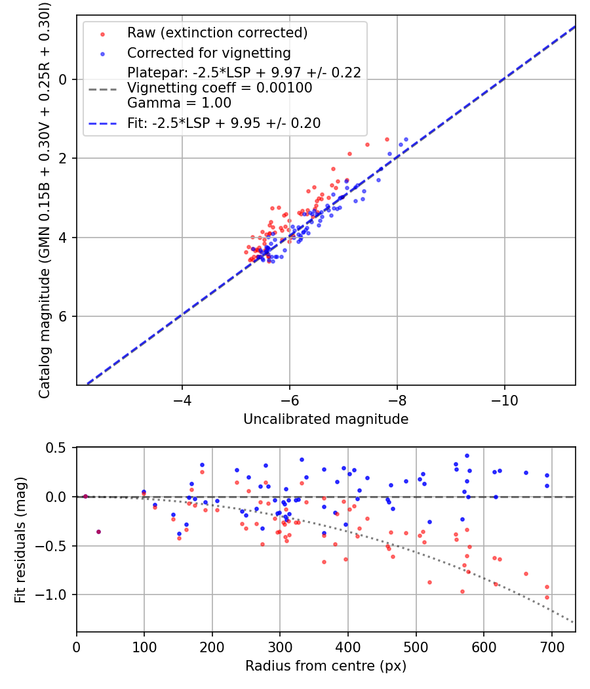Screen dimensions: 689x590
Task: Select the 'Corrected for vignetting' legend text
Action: [208, 52]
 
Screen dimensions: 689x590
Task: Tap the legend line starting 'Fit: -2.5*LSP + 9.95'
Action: [224, 123]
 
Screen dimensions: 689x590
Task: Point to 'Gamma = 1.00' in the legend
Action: [179, 103]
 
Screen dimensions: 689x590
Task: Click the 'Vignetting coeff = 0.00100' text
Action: [220, 88]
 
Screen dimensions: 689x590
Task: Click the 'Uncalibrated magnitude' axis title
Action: [326, 419]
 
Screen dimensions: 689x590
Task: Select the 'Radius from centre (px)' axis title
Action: [326, 666]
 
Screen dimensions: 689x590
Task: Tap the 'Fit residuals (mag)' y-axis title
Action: [20, 540]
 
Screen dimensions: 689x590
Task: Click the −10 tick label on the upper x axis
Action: [504, 400]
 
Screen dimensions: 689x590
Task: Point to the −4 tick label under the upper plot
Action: [182, 400]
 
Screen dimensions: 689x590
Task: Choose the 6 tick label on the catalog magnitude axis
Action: [64, 316]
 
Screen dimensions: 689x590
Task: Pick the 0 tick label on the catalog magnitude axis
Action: [64, 79]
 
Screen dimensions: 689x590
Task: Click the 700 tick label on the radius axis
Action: [551, 648]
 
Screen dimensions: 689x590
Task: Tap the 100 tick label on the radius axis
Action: [144, 648]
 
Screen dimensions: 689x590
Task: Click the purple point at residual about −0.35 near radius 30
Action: [98, 532]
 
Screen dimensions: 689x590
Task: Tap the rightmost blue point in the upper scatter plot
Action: [406, 139]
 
